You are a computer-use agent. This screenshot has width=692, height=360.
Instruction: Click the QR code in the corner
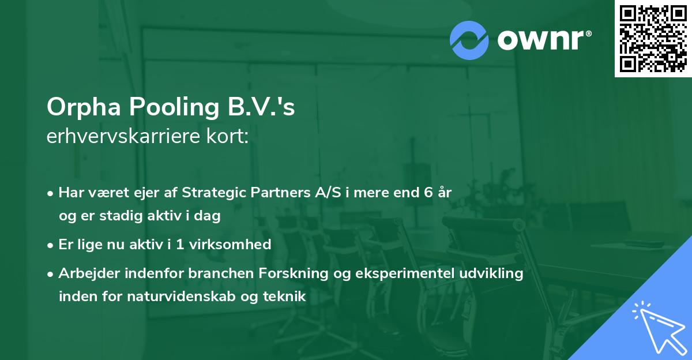click(653, 39)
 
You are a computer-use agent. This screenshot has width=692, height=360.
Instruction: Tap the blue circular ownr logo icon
click(469, 40)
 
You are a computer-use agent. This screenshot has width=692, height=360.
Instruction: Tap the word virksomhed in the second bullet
click(236, 245)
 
